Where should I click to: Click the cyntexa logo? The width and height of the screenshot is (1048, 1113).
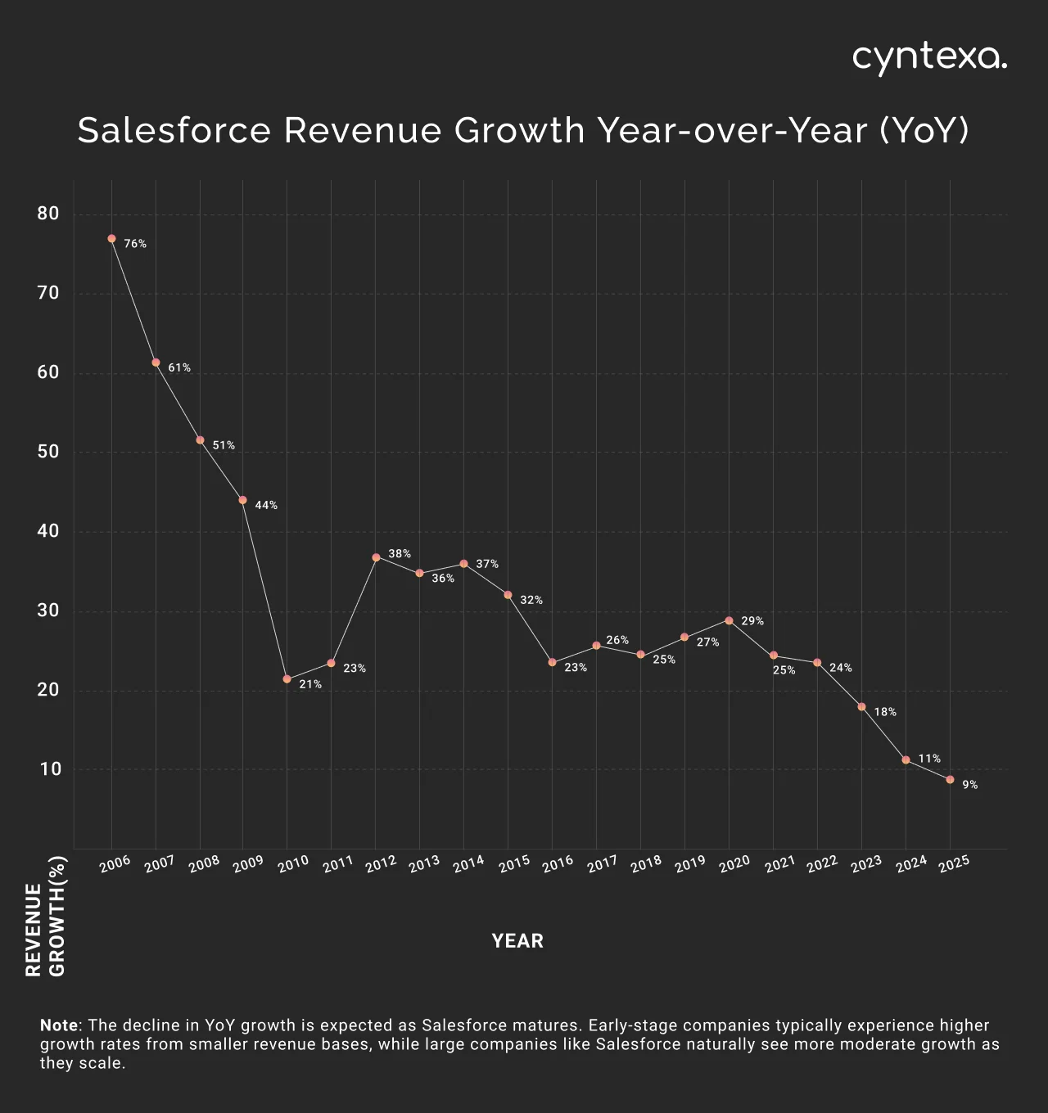tap(929, 58)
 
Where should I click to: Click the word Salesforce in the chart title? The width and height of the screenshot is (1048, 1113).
tap(174, 131)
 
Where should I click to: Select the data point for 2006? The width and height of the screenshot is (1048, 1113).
tap(111, 239)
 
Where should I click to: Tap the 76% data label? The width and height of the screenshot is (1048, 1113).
tap(135, 244)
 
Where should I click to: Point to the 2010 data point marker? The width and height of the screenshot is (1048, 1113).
tap(287, 679)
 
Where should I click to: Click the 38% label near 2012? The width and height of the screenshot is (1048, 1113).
tap(400, 554)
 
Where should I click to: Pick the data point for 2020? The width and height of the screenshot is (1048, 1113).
tap(729, 620)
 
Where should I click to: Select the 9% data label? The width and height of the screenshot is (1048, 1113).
tap(969, 785)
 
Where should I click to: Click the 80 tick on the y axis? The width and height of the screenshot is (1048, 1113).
tap(48, 214)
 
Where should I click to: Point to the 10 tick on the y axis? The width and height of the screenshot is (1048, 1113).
tap(50, 769)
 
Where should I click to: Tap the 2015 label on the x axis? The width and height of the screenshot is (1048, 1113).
tap(514, 864)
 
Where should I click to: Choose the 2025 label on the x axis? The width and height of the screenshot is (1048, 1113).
tap(955, 864)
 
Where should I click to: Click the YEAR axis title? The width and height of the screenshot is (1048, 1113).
tap(517, 941)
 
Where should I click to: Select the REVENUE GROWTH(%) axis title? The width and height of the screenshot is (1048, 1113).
tap(45, 917)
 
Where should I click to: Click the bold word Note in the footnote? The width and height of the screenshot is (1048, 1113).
tap(59, 1025)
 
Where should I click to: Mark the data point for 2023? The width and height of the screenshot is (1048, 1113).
tap(861, 706)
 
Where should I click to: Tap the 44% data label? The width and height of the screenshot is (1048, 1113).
tap(266, 506)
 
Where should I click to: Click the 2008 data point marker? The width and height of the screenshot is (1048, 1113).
tap(200, 440)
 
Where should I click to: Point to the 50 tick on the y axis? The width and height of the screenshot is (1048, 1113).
tap(48, 452)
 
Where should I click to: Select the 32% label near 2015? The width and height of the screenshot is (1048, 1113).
tap(531, 601)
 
